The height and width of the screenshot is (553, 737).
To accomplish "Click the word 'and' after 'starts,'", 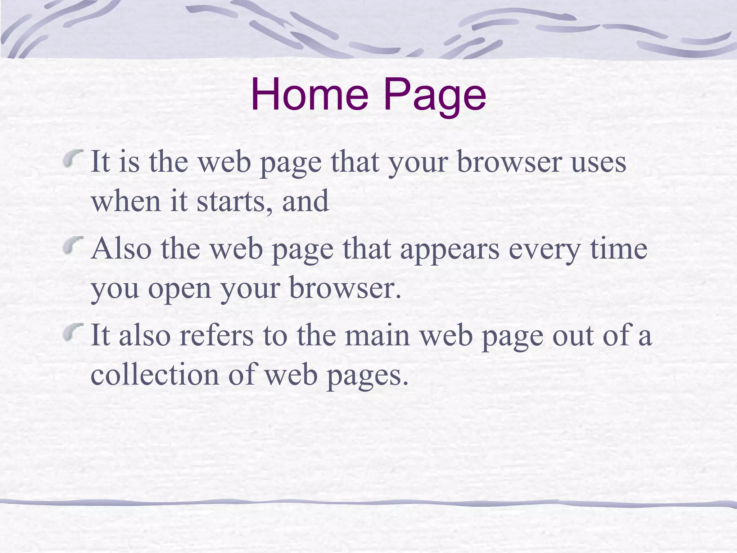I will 305,202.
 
